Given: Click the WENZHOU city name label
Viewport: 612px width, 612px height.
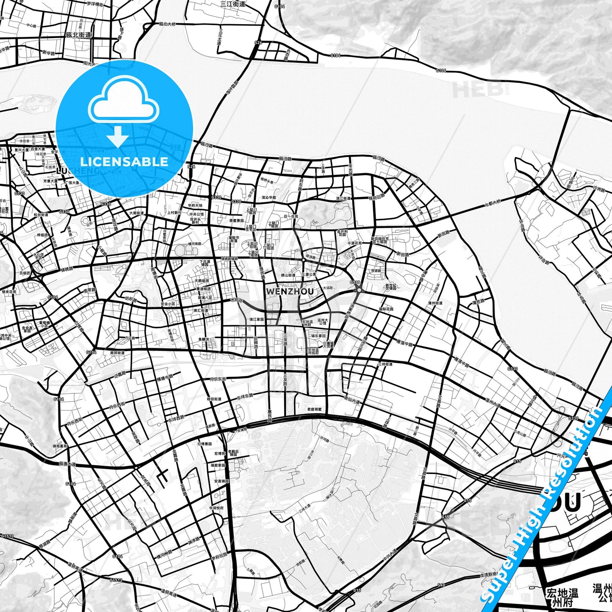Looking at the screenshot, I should [290, 291].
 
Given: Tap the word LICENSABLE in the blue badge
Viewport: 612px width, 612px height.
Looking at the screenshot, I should [124, 161].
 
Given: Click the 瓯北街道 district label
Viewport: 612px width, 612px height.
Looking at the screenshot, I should [79, 35].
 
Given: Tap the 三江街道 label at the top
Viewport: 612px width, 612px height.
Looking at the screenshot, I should [233, 4].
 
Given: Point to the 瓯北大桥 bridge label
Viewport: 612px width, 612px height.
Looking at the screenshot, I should [167, 24].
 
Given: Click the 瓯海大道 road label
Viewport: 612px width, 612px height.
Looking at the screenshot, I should [67, 464].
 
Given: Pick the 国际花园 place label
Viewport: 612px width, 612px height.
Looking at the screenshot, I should [386, 309].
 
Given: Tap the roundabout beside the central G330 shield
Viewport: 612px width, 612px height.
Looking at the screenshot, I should [359, 290].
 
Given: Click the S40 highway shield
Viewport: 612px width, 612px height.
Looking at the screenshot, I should [441, 585].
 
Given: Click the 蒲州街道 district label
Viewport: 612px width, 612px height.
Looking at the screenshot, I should [435, 303].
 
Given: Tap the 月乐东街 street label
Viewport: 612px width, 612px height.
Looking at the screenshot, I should [218, 379].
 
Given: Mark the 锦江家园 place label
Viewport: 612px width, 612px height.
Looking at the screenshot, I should [257, 319].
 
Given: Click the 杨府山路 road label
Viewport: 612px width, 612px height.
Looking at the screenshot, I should [377, 197].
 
